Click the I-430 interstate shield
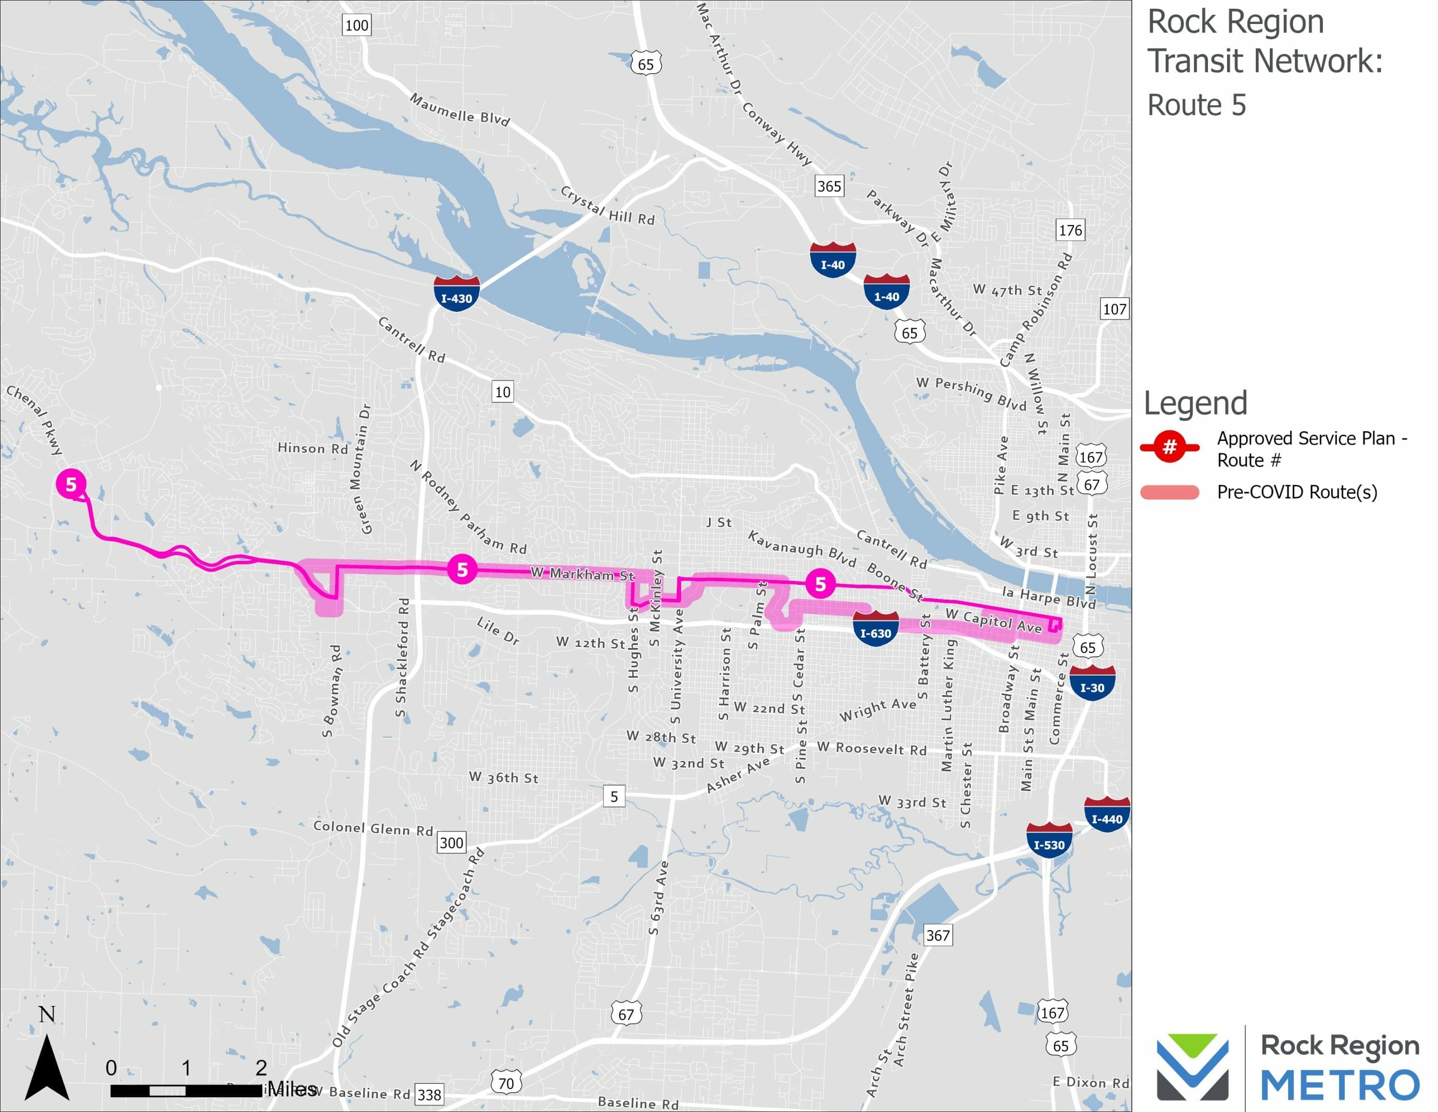(456, 293)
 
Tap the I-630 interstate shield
(875, 628)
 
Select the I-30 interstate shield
(1091, 683)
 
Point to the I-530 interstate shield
(1049, 840)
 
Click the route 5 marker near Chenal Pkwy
(71, 484)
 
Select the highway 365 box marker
(829, 187)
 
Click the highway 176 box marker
(1070, 230)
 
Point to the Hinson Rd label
(313, 448)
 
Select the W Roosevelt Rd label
(872, 748)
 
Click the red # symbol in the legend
(1170, 447)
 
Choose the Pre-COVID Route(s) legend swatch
(1170, 492)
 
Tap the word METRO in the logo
(1340, 1085)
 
